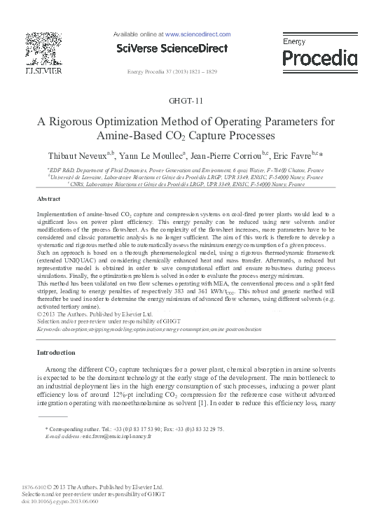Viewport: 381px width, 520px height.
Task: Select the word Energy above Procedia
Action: point(294,42)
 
